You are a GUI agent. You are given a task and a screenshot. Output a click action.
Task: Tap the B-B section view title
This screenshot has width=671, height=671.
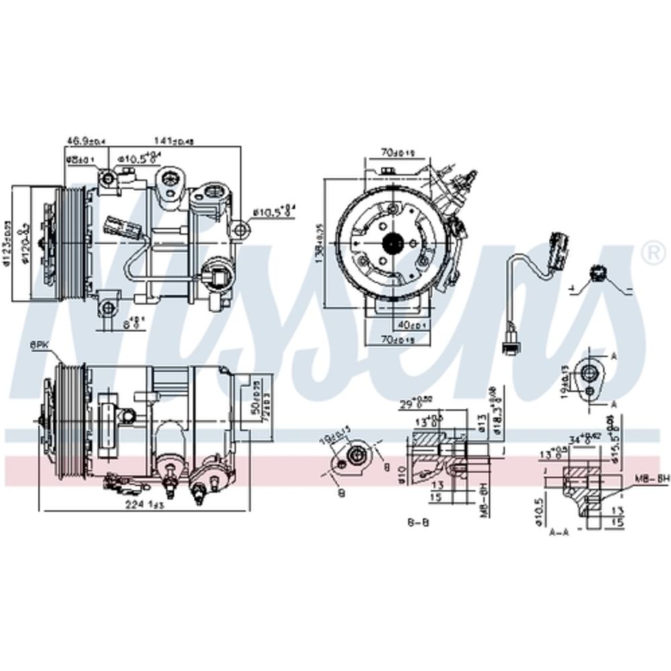point(418,521)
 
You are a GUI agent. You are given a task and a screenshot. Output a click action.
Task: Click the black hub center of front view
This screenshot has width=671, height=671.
point(391,243)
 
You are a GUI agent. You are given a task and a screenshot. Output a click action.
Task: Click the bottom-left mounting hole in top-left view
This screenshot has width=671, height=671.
point(106,309)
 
